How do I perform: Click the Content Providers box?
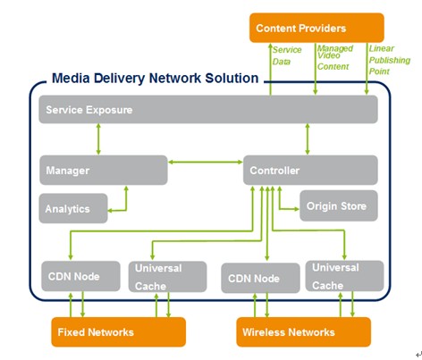point(316,28)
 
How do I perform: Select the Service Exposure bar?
point(208,109)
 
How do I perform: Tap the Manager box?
point(104,170)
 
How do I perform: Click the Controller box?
point(310,170)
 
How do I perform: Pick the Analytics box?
point(73,208)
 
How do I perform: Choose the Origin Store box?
point(339,205)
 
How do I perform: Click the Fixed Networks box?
point(119,331)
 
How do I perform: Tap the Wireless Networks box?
point(304,331)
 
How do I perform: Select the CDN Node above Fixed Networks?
point(80,276)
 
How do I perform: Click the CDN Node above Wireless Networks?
point(260,278)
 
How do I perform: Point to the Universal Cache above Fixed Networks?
point(167,277)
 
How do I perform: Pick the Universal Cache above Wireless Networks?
point(344,276)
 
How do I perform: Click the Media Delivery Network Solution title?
point(155,78)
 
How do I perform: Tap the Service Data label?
point(287,55)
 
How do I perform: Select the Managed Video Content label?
point(335,57)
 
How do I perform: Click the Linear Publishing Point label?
point(390,60)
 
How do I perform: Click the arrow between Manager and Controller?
point(206,162)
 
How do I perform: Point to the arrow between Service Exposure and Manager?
point(98,139)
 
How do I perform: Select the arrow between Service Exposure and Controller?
point(308,139)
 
